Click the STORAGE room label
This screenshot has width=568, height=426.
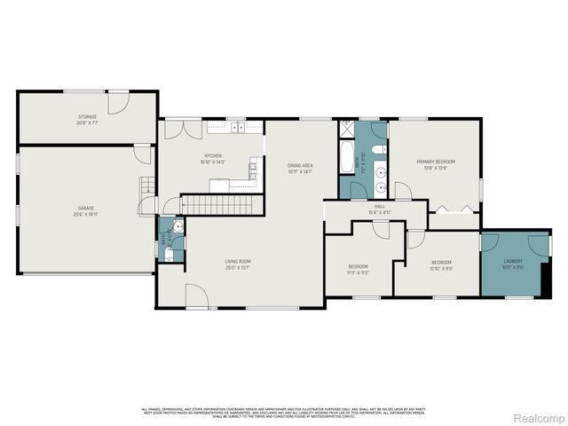point(86,116)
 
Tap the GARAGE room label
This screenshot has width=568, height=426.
point(86,209)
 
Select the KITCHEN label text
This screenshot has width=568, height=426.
point(212,157)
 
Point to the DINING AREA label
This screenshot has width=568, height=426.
point(299,166)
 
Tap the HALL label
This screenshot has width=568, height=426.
point(379,208)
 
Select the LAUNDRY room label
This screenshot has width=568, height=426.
point(512,261)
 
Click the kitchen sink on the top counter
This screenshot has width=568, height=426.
point(238,129)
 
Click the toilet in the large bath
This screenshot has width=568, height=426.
point(378,149)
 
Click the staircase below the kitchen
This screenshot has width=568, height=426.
point(217,205)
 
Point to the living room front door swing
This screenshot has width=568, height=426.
point(196,296)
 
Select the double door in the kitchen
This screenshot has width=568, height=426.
point(183,130)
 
